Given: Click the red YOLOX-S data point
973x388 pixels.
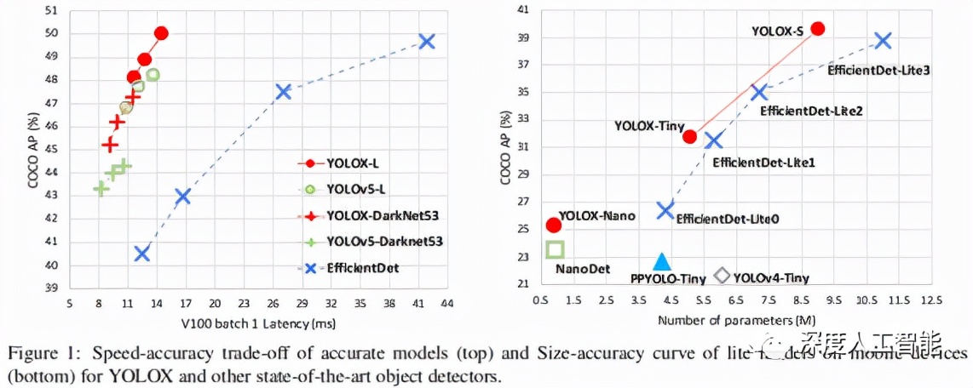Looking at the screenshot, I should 818,28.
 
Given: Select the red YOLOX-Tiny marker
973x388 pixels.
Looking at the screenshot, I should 690,136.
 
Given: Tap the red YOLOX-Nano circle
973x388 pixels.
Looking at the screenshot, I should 554,225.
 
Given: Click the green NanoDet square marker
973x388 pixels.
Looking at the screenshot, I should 555,249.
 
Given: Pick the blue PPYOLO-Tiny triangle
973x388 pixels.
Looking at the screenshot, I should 662,263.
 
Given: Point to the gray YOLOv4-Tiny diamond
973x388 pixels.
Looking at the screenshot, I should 722,275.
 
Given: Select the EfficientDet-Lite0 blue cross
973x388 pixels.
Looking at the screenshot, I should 665,209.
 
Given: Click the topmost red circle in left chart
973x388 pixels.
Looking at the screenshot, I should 161,33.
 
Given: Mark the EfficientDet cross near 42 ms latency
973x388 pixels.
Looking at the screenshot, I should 427,41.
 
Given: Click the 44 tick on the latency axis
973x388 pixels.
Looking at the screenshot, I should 446,303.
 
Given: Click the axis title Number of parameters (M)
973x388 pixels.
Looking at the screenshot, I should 737,321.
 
